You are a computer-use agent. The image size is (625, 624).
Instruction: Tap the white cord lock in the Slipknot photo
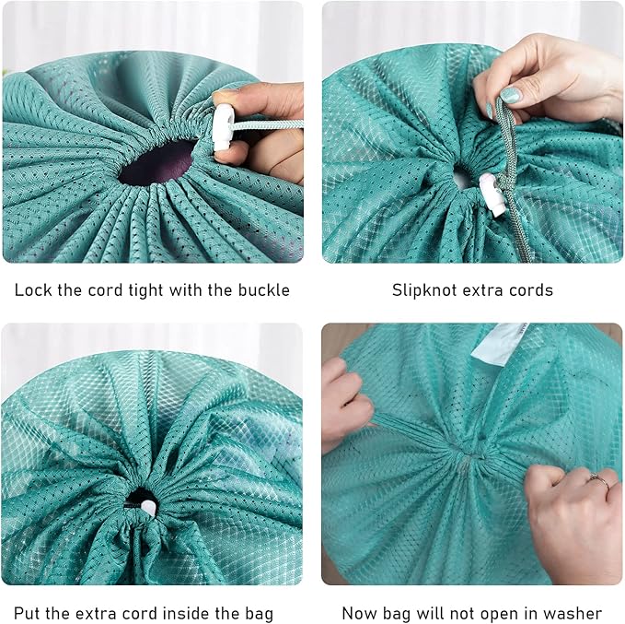[x=492, y=194]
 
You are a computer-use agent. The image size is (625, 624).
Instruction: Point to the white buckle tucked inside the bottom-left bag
[x=148, y=508]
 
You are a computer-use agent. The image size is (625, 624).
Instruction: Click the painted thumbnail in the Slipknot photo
[x=511, y=95]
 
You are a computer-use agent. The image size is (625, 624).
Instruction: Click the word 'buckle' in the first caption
[x=264, y=290]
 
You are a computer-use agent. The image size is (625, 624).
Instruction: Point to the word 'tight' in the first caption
[x=145, y=291]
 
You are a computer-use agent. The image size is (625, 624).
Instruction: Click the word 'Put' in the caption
[x=27, y=614]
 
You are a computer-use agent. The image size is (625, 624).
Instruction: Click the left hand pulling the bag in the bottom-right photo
[x=346, y=403]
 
